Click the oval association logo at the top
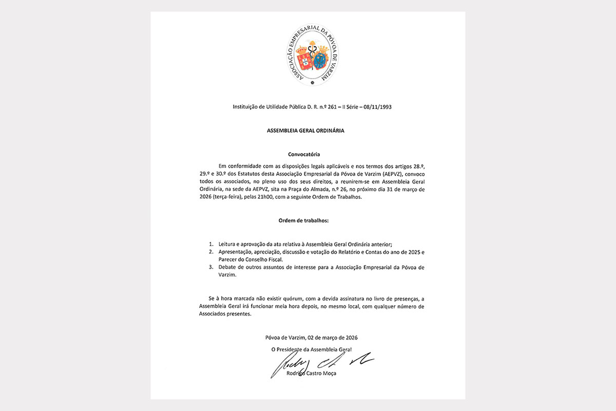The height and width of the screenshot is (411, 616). [308, 55]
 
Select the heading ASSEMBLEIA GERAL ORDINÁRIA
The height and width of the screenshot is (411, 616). [305, 130]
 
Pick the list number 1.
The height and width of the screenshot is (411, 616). [211, 244]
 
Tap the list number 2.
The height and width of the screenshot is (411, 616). [211, 252]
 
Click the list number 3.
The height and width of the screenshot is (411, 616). [211, 268]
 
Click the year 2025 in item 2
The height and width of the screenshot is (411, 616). [410, 252]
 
